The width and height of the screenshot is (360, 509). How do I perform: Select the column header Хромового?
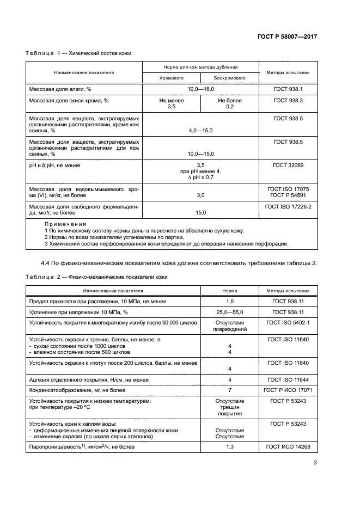point(171,78)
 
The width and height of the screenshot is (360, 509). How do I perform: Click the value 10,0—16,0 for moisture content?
point(200,89)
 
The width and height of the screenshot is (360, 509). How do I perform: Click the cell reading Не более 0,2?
point(230,104)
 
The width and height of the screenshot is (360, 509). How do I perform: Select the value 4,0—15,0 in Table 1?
point(200,131)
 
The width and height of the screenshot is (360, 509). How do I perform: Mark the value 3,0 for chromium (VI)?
point(200,195)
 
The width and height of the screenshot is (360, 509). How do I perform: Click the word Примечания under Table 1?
point(65,224)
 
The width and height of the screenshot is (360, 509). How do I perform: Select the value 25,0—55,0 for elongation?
point(230,312)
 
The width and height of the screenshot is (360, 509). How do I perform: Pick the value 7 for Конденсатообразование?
point(230,390)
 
